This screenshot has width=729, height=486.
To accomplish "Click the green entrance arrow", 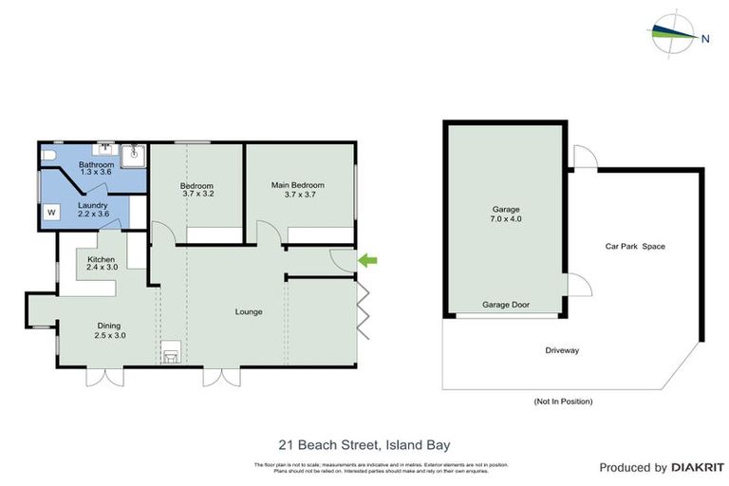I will (366, 259).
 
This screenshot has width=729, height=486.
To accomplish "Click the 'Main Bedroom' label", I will (297, 185).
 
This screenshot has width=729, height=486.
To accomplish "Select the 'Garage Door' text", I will (506, 306).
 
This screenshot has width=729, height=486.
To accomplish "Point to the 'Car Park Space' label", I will (635, 247).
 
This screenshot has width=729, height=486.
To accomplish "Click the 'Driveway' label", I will (562, 350).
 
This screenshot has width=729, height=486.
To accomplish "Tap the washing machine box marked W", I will (51, 213).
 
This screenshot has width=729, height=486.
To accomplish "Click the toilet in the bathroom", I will (49, 154).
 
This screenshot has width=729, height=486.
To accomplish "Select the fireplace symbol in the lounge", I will (172, 354).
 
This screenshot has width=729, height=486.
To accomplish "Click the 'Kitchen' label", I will (102, 259).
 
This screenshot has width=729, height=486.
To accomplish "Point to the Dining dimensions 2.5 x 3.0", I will (109, 335).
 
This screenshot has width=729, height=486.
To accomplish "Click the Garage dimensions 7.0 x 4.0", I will (506, 219).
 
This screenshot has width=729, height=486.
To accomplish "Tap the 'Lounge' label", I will (249, 312).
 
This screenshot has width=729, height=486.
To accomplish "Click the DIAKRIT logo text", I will (697, 467).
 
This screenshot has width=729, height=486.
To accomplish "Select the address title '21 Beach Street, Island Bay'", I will (364, 443).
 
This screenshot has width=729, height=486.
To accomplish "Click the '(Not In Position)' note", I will (563, 402).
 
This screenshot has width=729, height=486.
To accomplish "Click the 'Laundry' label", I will (93, 205).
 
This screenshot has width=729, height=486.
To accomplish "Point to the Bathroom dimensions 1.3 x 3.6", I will (96, 173).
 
